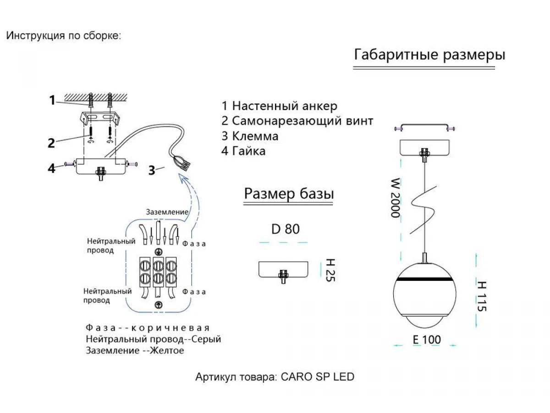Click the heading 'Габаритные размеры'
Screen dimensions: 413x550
[429, 55]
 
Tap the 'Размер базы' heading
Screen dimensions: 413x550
[289, 194]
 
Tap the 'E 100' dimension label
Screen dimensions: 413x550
[426, 340]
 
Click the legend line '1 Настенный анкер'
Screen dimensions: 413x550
[280, 106]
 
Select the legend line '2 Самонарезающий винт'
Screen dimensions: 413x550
[297, 121]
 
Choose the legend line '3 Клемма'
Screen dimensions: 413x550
[250, 136]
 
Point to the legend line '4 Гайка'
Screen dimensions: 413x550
[243, 151]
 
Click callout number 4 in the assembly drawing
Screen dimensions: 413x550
[52, 168]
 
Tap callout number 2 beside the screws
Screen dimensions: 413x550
[51, 143]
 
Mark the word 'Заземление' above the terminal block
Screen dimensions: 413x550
[167, 212]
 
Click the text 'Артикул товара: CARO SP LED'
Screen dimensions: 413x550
[275, 377]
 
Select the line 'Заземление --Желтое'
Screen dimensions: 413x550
[135, 351]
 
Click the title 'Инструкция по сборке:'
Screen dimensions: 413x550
[64, 36]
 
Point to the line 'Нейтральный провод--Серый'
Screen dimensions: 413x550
[153, 340]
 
